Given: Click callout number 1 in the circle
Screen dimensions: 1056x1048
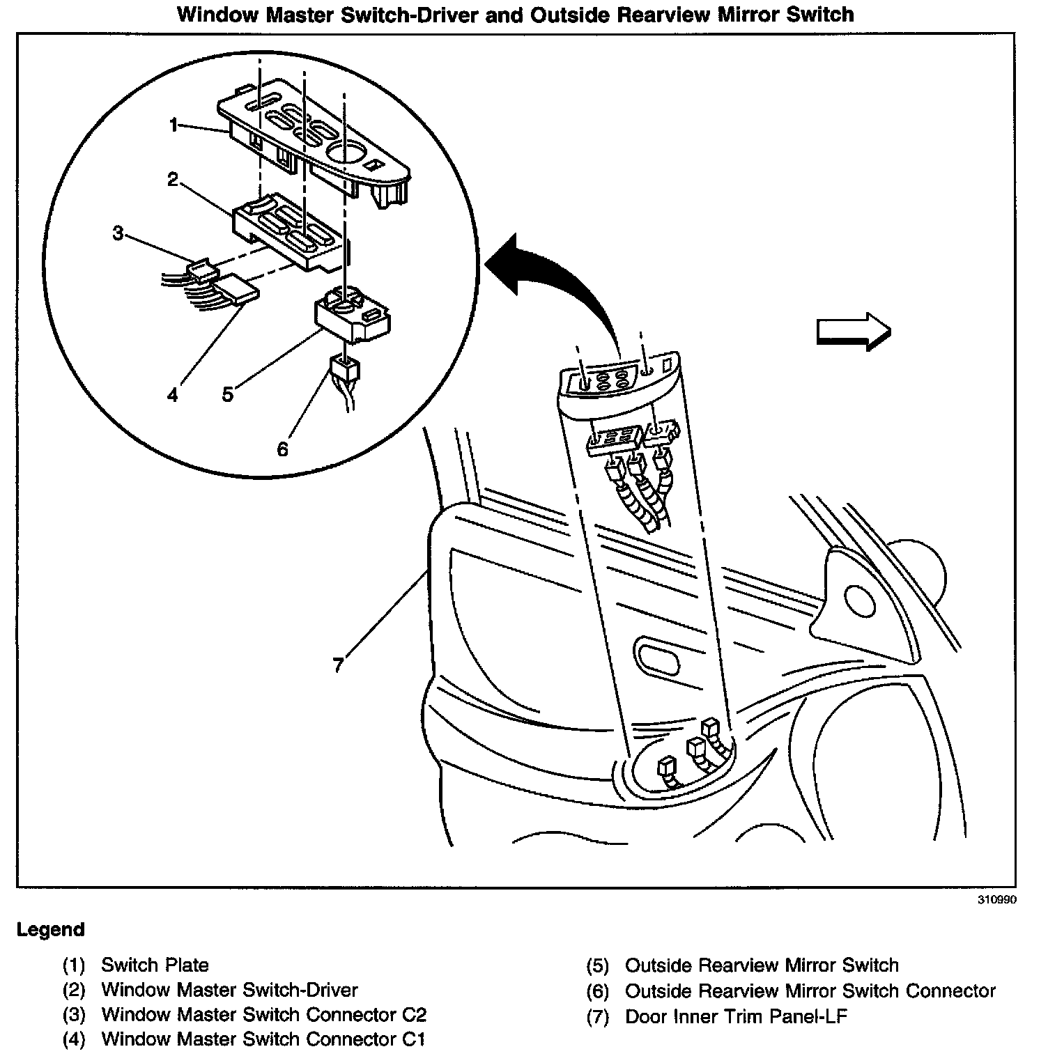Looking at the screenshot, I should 174,125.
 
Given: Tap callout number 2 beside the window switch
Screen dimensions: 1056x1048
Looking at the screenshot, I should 172,180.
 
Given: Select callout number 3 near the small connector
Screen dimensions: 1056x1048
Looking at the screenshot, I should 118,233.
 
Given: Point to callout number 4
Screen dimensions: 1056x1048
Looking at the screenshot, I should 172,395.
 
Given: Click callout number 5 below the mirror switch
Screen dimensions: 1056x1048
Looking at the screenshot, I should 228,394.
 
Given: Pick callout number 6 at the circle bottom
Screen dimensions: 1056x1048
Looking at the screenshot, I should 282,449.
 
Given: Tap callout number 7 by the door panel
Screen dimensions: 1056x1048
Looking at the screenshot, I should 338,665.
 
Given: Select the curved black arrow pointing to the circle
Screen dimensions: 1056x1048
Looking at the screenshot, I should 557,279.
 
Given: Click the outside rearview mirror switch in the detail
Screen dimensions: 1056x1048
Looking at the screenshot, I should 352,317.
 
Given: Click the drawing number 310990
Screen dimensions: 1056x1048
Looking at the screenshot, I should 996,900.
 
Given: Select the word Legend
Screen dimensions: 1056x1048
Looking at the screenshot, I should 51,930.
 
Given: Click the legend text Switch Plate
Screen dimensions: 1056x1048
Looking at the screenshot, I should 155,965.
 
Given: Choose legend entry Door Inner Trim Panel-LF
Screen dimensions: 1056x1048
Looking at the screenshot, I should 736,1016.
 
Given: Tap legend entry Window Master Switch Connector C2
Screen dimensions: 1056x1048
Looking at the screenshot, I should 263,1015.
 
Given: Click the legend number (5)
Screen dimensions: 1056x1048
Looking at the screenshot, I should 597,965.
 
